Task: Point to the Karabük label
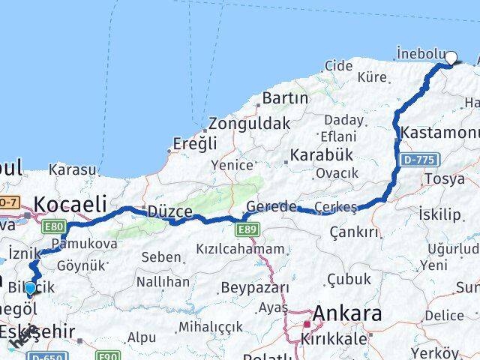pyautogui.click(x=320, y=155)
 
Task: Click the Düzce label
pyautogui.click(x=170, y=211)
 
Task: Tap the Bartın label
pyautogui.click(x=285, y=98)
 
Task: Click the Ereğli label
pyautogui.click(x=194, y=143)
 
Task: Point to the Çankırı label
pyautogui.click(x=354, y=233)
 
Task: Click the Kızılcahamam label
pyautogui.click(x=240, y=249)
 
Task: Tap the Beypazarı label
pyautogui.click(x=255, y=288)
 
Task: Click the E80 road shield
pyautogui.click(x=54, y=226)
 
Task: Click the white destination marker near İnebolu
pyautogui.click(x=451, y=56)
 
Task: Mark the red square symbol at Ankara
pyautogui.click(x=307, y=325)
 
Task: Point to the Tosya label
pyautogui.click(x=445, y=178)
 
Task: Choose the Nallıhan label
pyautogui.click(x=163, y=282)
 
